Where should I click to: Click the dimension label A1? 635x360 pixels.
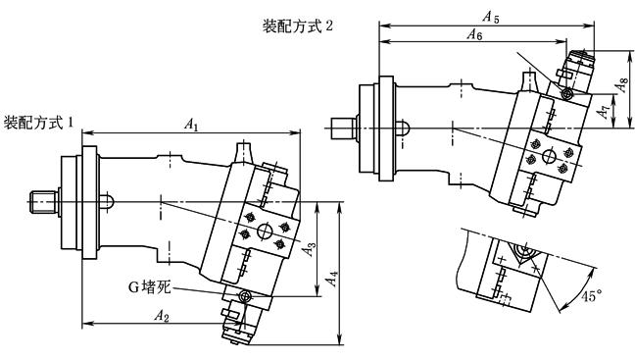coord(191,125)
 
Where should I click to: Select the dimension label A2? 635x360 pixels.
coord(161,316)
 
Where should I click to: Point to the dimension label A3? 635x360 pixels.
coord(310,249)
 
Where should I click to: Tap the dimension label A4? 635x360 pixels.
coord(332,279)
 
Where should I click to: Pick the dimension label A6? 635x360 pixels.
coord(474,34)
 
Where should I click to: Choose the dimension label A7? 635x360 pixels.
coord(604,111)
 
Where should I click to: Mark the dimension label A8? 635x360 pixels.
coord(621,85)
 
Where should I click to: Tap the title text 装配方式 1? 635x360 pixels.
coord(38,122)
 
